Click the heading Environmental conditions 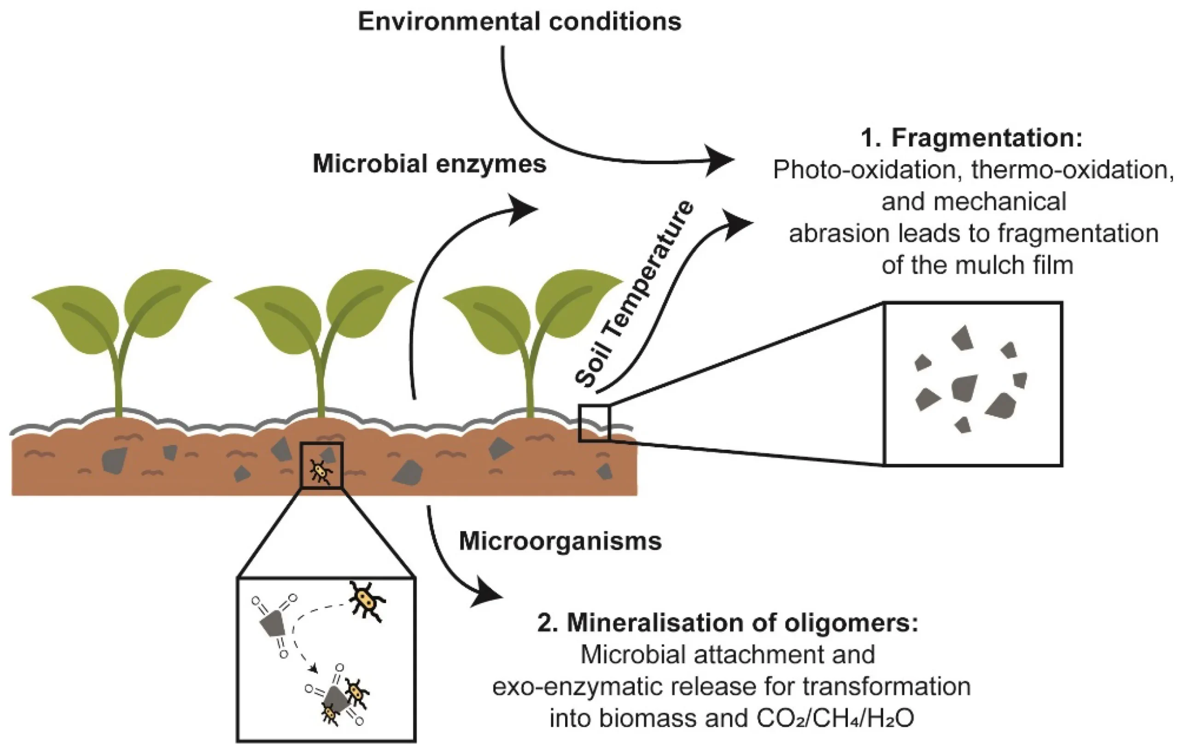[x=519, y=22]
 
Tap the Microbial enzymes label [x=429, y=164]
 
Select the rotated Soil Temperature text [x=634, y=294]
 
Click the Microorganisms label [x=560, y=541]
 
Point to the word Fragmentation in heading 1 [x=986, y=138]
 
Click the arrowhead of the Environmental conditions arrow [x=720, y=160]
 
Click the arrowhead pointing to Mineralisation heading [x=487, y=594]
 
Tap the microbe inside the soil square [x=321, y=471]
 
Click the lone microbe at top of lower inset [x=366, y=600]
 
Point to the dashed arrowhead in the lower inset [x=314, y=668]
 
